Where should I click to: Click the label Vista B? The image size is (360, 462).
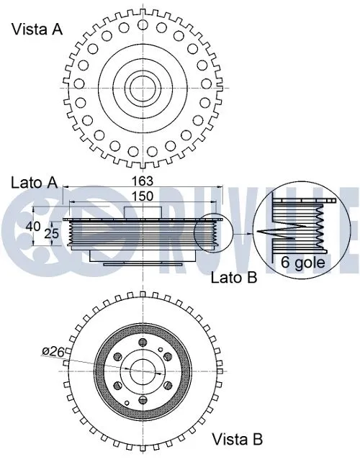(x=237, y=438)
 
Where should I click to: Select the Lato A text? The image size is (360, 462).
(x=34, y=182)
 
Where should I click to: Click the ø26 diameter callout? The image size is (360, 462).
(x=53, y=352)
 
